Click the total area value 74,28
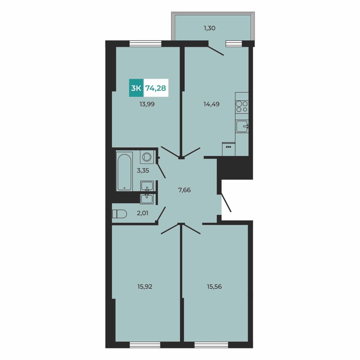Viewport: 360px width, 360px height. pyautogui.click(x=156, y=88)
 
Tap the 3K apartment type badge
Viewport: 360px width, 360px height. pyautogui.click(x=136, y=88)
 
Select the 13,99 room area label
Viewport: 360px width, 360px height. pyautogui.click(x=147, y=104)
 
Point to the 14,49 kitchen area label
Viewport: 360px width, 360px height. pyautogui.click(x=211, y=104)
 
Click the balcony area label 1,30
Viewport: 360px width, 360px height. pyautogui.click(x=210, y=28)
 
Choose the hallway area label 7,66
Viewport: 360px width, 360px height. pyautogui.click(x=185, y=190)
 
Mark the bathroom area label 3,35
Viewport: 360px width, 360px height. pyautogui.click(x=143, y=171)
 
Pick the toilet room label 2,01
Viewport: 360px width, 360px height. pyautogui.click(x=142, y=213)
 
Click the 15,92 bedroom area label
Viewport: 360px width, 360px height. pyautogui.click(x=145, y=287)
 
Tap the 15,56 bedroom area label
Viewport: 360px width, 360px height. pyautogui.click(x=214, y=287)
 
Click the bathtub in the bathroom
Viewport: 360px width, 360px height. pyautogui.click(x=124, y=171)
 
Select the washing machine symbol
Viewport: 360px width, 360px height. pyautogui.click(x=147, y=157)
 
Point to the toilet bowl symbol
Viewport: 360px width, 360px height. pyautogui.click(x=119, y=214)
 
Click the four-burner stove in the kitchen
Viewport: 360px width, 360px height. pyautogui.click(x=242, y=107)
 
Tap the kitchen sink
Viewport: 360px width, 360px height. pyautogui.click(x=242, y=126)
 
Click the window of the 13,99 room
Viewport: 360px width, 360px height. pyautogui.click(x=146, y=44)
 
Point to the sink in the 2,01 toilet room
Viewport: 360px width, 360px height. pyautogui.click(x=147, y=199)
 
